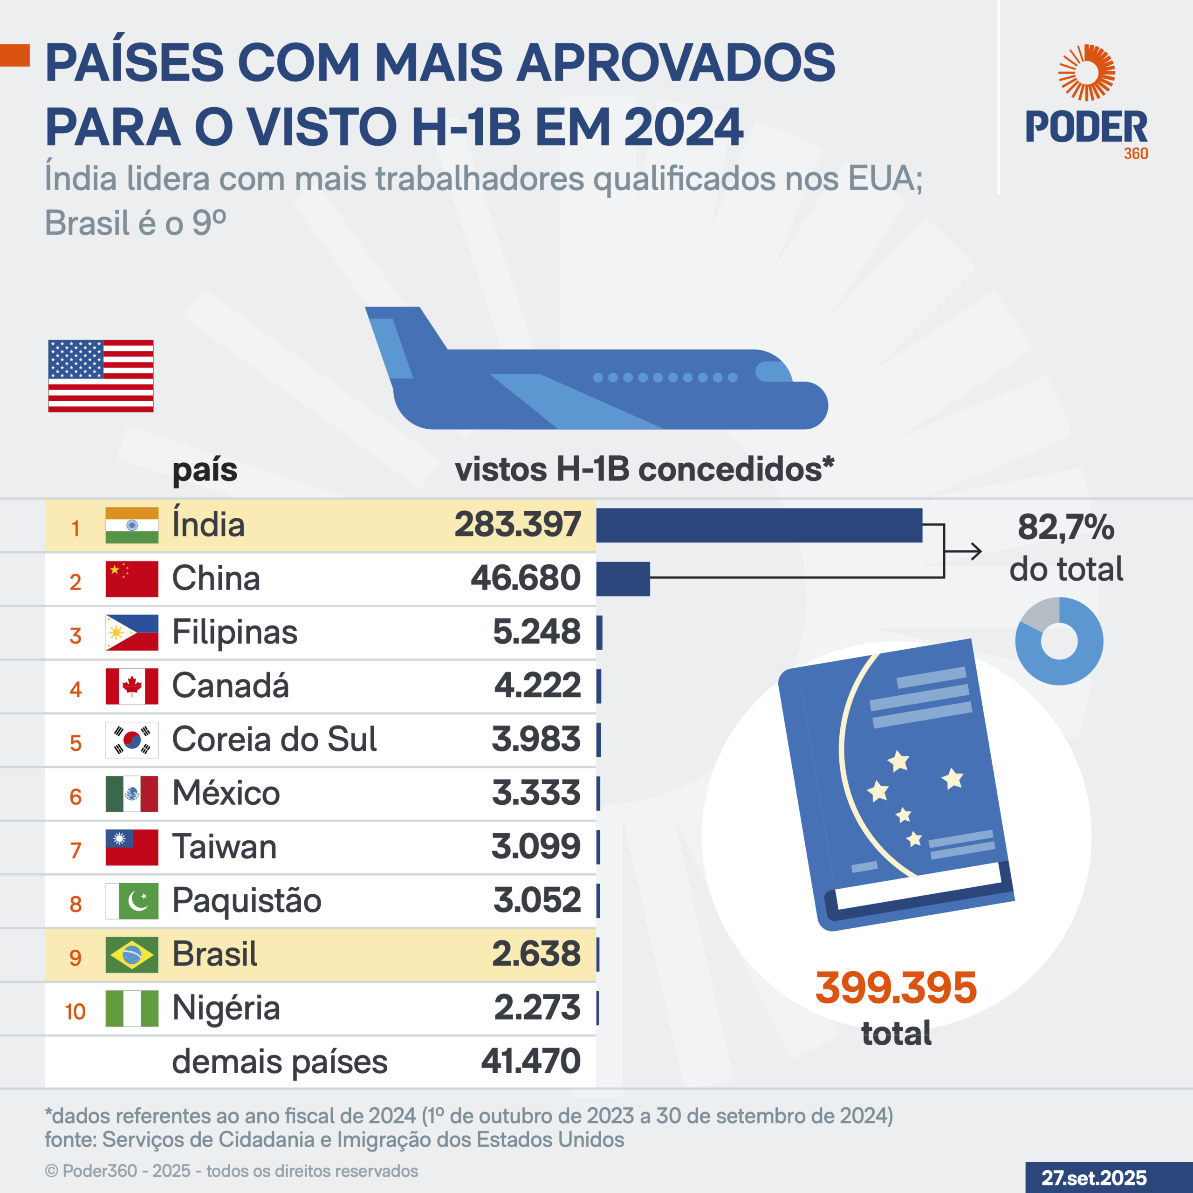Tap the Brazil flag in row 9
click(x=131, y=955)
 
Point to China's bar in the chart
click(x=623, y=579)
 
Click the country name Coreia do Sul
click(x=274, y=739)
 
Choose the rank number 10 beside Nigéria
click(x=75, y=1011)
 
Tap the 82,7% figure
click(x=1066, y=528)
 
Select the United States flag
click(x=101, y=376)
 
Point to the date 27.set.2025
click(x=1094, y=1178)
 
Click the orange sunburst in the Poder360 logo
click(x=1086, y=72)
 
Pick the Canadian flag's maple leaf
click(x=131, y=686)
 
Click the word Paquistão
click(x=247, y=900)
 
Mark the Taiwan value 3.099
click(x=536, y=847)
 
